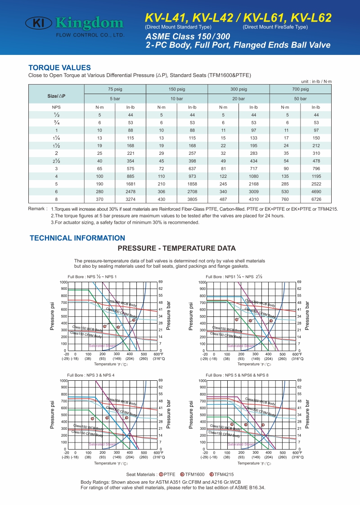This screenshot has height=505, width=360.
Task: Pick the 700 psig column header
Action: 300,89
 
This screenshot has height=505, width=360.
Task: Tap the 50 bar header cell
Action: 300,98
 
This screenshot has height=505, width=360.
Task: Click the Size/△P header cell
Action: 56,96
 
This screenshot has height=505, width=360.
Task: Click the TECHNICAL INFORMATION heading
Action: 77,238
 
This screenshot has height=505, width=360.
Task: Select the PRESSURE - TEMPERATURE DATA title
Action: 176,248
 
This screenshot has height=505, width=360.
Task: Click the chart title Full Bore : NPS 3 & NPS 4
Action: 91,375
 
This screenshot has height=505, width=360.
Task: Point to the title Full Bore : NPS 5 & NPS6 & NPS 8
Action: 237,375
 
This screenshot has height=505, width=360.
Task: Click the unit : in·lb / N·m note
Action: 316,81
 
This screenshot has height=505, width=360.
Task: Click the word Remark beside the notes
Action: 38,209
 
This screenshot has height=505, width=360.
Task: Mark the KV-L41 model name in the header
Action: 165,18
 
